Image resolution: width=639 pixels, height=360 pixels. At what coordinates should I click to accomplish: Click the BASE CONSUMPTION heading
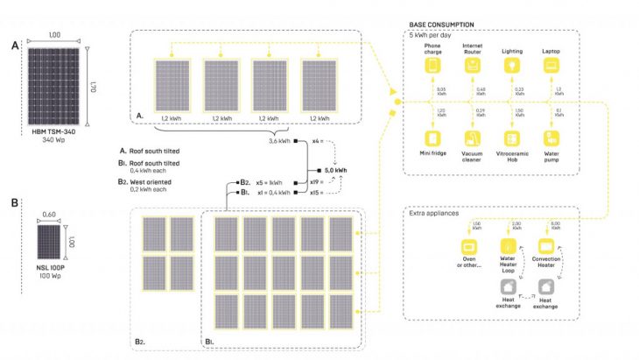(x=442, y=25)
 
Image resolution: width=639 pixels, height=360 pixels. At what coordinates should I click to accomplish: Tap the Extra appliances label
(x=435, y=213)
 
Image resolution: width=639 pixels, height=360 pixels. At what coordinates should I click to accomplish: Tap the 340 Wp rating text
(x=54, y=140)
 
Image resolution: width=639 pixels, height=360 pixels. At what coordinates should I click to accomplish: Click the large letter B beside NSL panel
(x=14, y=201)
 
